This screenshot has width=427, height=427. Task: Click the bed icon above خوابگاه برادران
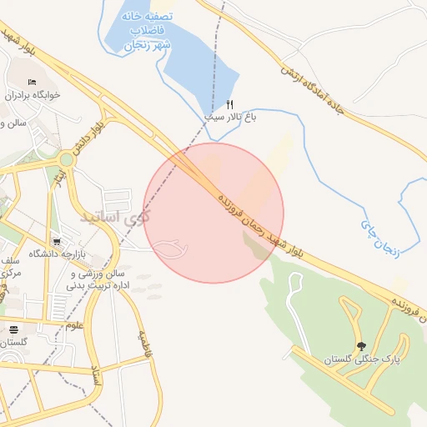click(33, 82)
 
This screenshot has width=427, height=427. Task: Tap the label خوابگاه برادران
click(33, 95)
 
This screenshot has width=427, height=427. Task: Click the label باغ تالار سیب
click(231, 118)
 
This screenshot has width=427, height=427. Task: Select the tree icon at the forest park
click(360, 346)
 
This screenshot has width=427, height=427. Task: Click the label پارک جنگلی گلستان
click(361, 359)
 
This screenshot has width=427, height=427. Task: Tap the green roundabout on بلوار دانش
click(66, 158)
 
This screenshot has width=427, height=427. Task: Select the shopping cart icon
click(56, 240)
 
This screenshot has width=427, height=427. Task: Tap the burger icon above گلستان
click(13, 329)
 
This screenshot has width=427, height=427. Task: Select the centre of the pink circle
click(213, 213)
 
